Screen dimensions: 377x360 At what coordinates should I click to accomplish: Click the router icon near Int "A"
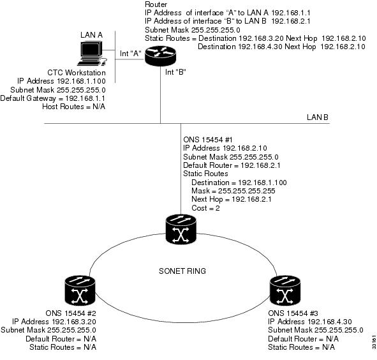[160, 56]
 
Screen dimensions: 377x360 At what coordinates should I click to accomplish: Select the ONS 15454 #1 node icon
[181, 229]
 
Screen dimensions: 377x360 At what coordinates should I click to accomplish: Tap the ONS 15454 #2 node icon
[80, 290]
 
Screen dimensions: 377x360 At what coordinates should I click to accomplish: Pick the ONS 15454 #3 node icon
[285, 290]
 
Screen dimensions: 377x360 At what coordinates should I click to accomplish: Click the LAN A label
[91, 35]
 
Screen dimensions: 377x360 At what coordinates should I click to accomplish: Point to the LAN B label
[318, 117]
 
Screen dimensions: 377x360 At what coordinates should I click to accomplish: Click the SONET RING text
[182, 271]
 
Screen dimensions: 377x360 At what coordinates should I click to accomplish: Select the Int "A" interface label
[131, 54]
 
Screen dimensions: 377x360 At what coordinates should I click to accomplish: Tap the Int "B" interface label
[175, 71]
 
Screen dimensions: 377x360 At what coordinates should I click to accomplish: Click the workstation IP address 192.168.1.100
[81, 81]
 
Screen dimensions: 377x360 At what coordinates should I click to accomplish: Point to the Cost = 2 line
[205, 208]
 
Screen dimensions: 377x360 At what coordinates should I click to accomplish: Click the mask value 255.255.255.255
[246, 191]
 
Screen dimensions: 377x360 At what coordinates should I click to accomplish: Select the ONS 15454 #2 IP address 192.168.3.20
[74, 322]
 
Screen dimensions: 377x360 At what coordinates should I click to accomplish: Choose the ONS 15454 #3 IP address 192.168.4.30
[330, 322]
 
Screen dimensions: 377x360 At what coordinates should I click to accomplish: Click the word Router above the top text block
[156, 4]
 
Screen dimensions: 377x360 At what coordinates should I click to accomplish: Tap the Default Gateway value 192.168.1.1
[85, 98]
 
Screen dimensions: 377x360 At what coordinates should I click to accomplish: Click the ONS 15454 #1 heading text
[208, 140]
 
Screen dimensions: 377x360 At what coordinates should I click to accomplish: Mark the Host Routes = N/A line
[73, 107]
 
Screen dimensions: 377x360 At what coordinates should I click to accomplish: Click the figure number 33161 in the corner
[374, 341]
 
